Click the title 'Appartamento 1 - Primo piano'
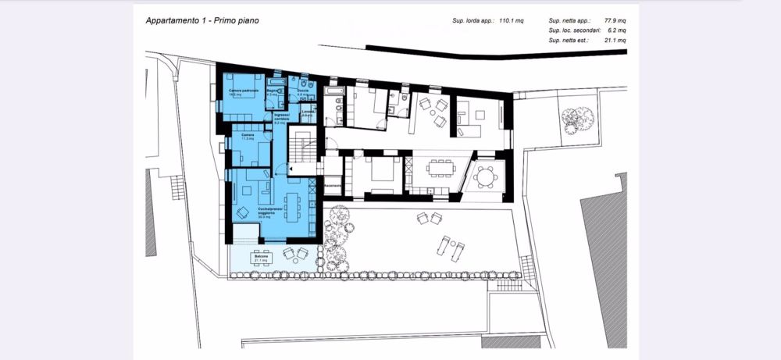point(202,20)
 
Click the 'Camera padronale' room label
point(243,92)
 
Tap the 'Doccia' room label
point(302,91)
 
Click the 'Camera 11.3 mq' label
point(248,137)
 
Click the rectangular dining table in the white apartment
point(439,168)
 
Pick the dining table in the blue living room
point(293,206)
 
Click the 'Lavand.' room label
point(308,114)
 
